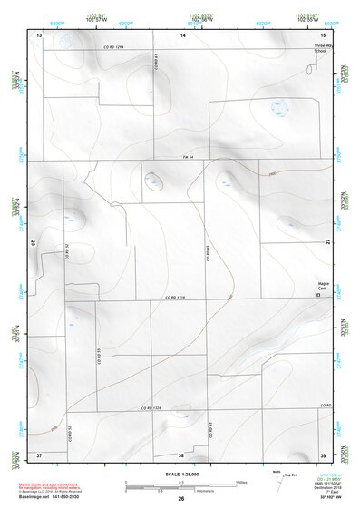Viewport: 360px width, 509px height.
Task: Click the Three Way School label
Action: click(318, 48)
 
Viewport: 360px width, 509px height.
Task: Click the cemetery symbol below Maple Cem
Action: click(317, 296)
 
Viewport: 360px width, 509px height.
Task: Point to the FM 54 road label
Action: click(188, 159)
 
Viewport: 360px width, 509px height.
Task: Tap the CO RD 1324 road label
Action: click(153, 409)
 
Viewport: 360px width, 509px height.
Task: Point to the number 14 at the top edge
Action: click(182, 34)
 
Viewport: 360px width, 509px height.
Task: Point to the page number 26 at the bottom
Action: click(180, 499)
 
